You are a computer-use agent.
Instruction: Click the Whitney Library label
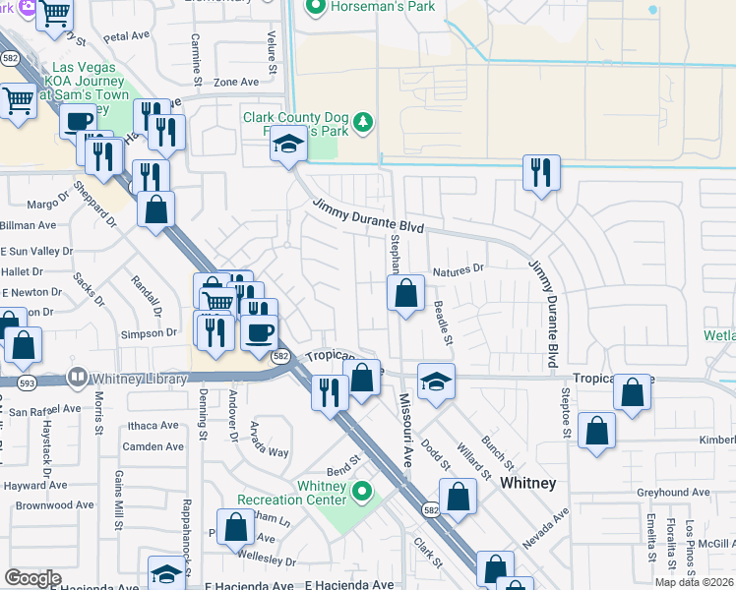pos(138,378)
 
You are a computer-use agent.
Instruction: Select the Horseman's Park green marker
pos(316,8)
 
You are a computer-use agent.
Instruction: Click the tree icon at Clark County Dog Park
pos(364,122)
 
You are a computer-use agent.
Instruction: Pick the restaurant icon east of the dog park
pos(541,173)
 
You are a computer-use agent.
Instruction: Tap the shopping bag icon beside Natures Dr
pos(405,293)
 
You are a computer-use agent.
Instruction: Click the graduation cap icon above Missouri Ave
pos(436,382)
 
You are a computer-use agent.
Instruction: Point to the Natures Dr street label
pos(459,267)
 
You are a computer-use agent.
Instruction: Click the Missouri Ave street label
pos(405,431)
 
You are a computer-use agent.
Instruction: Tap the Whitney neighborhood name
pos(528,483)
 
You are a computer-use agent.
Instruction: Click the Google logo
pos(32,578)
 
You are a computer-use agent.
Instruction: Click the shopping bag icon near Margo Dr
pos(155,209)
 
